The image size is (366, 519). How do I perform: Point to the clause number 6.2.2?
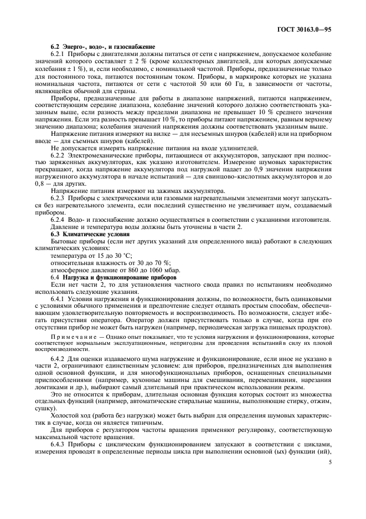pyautogui.click(x=60, y=156)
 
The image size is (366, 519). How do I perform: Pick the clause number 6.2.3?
pyautogui.click(x=60, y=197)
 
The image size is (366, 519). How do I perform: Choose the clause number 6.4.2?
pyautogui.click(x=60, y=360)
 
